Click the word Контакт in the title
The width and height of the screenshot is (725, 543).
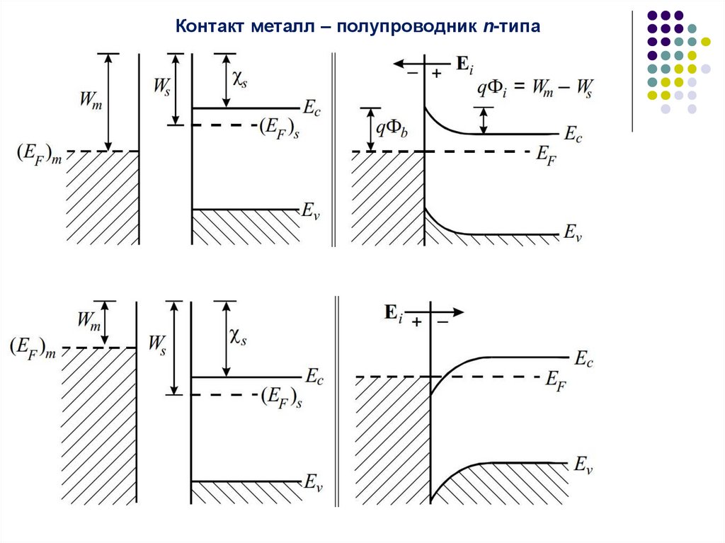(210, 28)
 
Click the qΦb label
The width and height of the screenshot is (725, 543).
(391, 127)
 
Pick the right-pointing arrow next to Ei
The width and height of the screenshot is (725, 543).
(447, 311)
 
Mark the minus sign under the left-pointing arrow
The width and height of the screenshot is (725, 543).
(410, 74)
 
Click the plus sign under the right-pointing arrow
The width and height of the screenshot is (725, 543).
(417, 321)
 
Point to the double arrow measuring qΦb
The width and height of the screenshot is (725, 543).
(369, 130)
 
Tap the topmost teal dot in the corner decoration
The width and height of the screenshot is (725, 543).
(691, 28)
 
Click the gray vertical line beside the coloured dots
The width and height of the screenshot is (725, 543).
(632, 71)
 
